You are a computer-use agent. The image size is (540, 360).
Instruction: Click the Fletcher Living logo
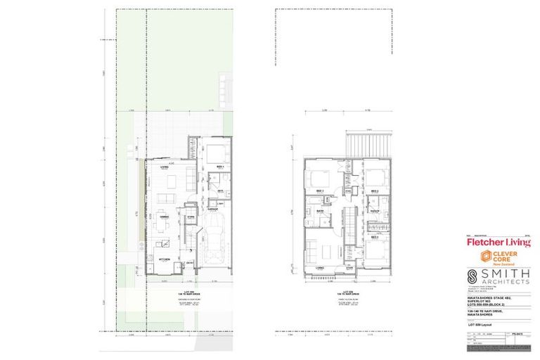click(x=499, y=243)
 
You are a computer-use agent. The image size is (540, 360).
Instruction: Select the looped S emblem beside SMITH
click(x=476, y=276)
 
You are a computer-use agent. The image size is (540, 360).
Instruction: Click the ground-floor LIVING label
click(x=165, y=167)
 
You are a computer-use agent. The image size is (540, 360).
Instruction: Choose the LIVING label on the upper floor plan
click(x=319, y=267)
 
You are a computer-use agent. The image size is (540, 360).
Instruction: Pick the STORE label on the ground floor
click(x=190, y=217)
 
